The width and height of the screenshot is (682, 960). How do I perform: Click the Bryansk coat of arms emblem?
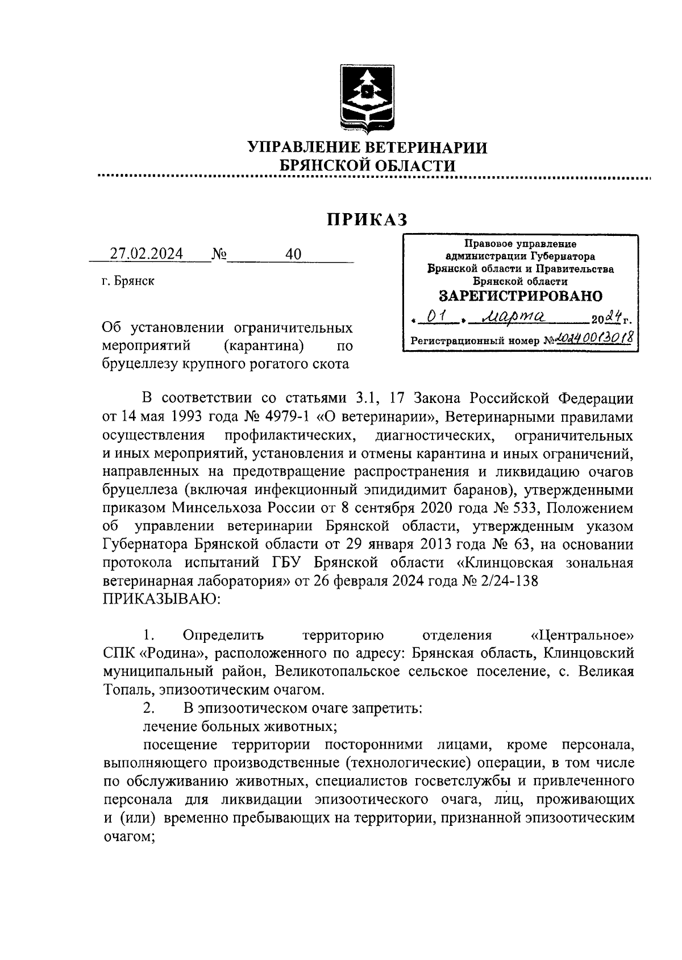coord(368,98)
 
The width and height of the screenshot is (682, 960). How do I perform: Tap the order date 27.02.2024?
coord(147,254)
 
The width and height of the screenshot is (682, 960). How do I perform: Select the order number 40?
coord(294,254)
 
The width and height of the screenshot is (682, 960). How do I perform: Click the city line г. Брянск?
coord(128,281)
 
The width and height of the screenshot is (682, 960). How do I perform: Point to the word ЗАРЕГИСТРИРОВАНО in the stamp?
coord(521,296)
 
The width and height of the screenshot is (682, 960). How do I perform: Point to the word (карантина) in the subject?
coord(263,346)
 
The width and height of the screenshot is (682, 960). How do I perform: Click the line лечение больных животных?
coord(238,727)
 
